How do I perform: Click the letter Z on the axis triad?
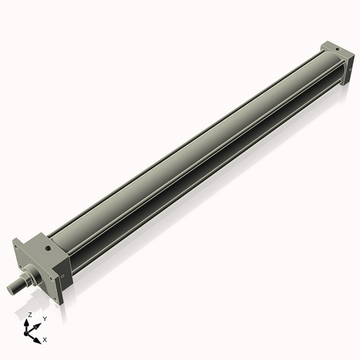coord(30,315)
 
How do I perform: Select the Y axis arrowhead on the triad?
coord(38,323)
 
